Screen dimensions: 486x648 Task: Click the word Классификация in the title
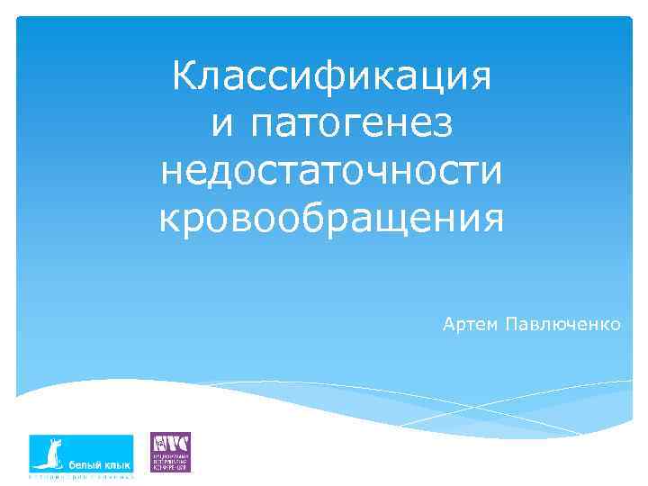331,76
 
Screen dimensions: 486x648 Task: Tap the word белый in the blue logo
86,464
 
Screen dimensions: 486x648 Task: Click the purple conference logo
169,452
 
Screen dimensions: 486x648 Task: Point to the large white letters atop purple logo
169,443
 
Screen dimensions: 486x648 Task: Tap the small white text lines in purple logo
174,462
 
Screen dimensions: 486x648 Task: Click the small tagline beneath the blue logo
81,477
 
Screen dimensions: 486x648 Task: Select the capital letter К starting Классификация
183,76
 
